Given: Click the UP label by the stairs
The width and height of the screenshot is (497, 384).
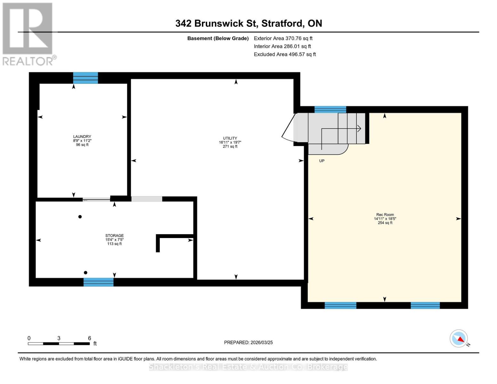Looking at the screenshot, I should tap(322, 161).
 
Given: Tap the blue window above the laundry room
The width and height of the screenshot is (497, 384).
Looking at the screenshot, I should tap(85, 78).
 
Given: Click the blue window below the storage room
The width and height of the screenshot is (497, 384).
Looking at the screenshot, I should tap(99, 282).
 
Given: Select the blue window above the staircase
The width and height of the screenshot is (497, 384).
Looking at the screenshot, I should tap(330, 109).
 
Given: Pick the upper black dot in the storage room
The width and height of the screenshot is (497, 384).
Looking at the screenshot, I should tap(80, 217).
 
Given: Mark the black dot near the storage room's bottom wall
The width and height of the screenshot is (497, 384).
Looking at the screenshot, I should tap(85, 273).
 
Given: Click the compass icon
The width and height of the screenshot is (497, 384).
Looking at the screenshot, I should tap(459, 338).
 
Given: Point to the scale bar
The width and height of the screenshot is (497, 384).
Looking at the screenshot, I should tap(59, 344).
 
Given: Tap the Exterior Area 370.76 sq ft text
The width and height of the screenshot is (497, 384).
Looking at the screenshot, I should tap(283, 38).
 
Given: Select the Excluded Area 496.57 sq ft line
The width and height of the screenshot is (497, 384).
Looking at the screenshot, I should tap(285, 54).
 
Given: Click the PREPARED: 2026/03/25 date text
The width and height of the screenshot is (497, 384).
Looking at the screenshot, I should tap(248, 342).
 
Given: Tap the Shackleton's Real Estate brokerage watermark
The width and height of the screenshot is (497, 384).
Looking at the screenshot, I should tap(248, 367).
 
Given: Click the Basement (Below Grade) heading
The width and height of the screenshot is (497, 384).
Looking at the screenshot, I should tap(218, 38).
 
